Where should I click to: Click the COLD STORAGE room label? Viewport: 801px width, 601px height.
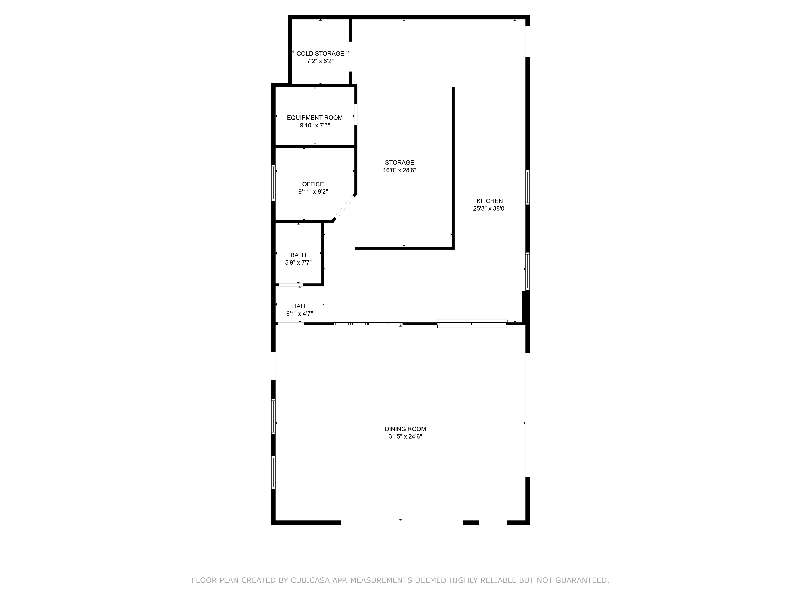320,54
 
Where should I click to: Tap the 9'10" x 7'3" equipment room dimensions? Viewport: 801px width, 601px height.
315,125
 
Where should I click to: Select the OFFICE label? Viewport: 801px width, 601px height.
313,184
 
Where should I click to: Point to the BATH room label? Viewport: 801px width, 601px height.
298,255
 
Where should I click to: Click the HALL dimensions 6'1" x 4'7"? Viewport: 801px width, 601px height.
299,314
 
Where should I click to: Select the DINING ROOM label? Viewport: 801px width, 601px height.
405,429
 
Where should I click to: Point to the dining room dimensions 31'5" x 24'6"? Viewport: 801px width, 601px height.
405,437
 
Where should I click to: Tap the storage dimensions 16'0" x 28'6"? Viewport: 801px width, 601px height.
399,170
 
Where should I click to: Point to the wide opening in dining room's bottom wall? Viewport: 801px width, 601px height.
401,522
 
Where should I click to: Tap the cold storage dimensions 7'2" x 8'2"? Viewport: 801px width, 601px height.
320,61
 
